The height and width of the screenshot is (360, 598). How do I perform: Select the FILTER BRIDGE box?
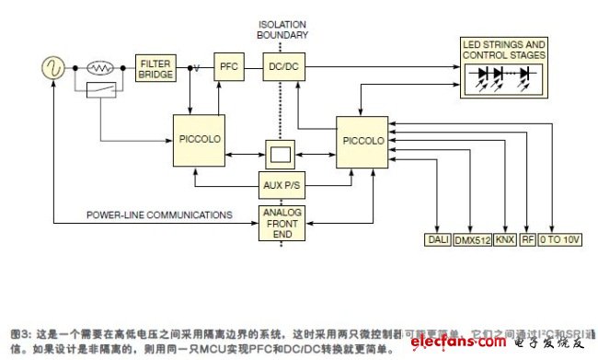tap(155, 67)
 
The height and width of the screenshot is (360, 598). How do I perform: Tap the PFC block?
tap(227, 67)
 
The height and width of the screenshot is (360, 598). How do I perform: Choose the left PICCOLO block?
tap(198, 140)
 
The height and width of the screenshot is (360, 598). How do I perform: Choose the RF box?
tap(527, 240)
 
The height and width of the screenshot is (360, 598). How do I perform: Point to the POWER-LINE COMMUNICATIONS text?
tap(159, 215)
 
